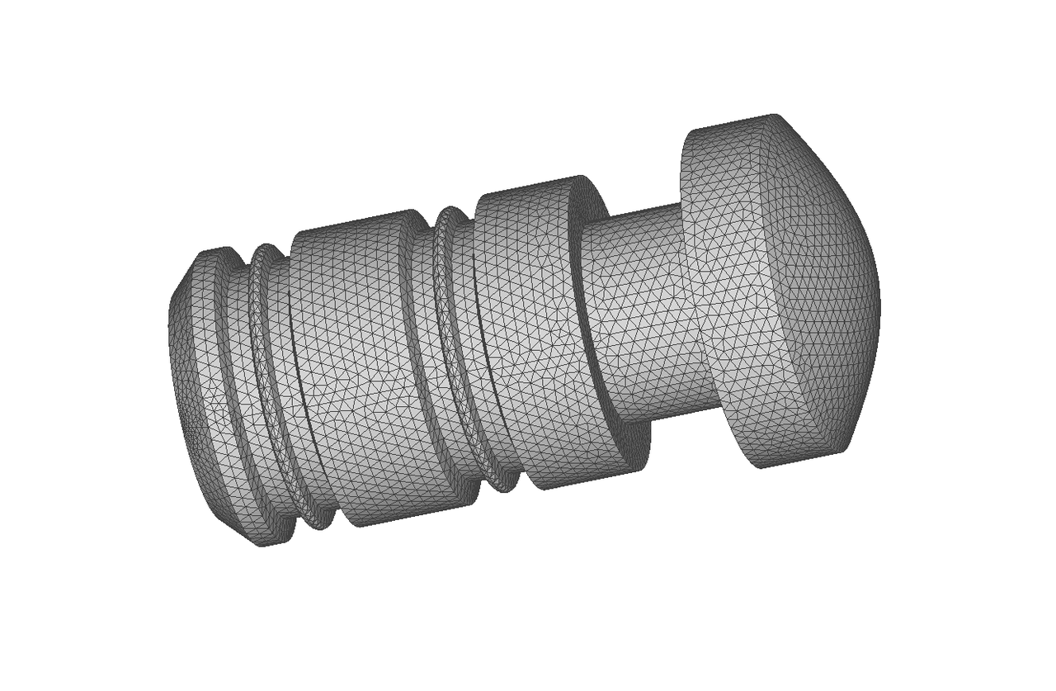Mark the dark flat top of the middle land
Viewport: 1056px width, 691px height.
pyautogui.click(x=355, y=223)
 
